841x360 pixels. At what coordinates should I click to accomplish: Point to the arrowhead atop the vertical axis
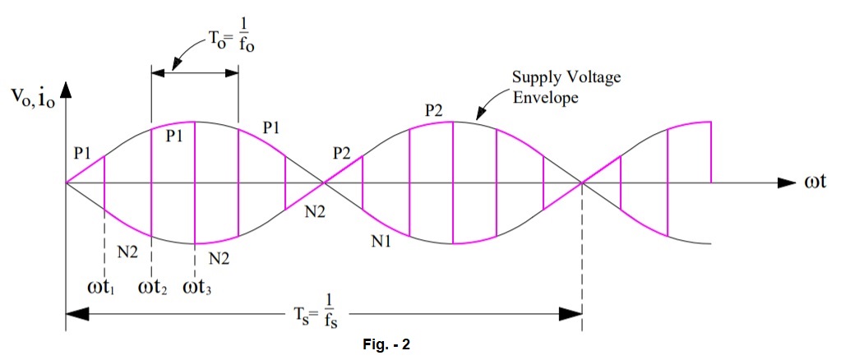(x=67, y=85)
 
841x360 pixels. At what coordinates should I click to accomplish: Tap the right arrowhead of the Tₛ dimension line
(x=572, y=313)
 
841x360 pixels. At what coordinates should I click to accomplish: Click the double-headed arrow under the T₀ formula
(x=195, y=73)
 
